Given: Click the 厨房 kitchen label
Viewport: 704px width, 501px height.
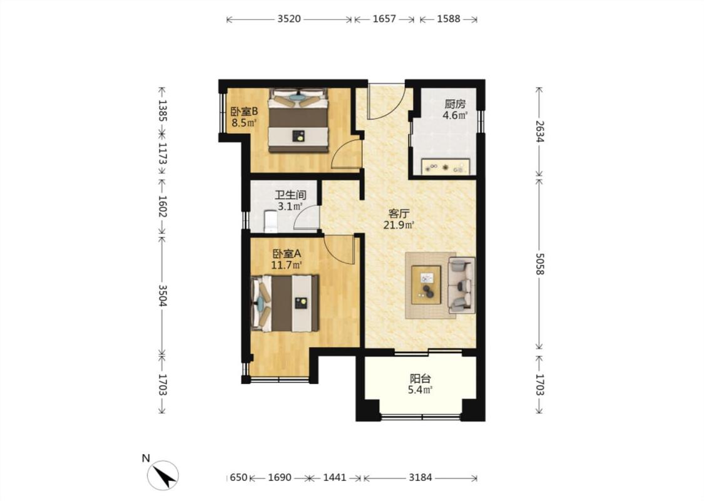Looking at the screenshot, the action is click(455, 104).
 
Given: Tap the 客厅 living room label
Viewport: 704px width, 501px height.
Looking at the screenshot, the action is click(398, 214).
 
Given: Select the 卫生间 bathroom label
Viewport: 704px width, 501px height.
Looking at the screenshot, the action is click(290, 195).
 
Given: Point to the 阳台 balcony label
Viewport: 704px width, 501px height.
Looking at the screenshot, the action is click(420, 379).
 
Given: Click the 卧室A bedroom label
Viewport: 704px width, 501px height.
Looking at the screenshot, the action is click(287, 254).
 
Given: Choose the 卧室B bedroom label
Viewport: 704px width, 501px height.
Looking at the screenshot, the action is click(244, 111).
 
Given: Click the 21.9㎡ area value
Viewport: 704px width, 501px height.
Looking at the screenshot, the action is click(398, 225).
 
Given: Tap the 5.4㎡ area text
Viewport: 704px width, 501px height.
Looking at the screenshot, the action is click(420, 390).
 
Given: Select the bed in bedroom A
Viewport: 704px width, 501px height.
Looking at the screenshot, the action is click(285, 303).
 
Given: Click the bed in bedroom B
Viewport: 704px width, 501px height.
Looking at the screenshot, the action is click(298, 120).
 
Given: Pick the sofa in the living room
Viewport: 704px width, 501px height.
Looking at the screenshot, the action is click(462, 286).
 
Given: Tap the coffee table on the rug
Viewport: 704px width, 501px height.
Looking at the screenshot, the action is click(427, 285).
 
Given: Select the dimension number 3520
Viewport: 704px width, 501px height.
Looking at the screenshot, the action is click(289, 19).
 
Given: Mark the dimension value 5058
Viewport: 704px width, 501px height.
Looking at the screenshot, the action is click(539, 264).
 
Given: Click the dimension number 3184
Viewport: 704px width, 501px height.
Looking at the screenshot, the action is click(421, 478).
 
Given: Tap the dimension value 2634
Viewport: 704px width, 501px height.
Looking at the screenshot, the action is click(539, 132).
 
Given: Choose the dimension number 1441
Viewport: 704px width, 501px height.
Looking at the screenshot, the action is click(335, 478).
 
